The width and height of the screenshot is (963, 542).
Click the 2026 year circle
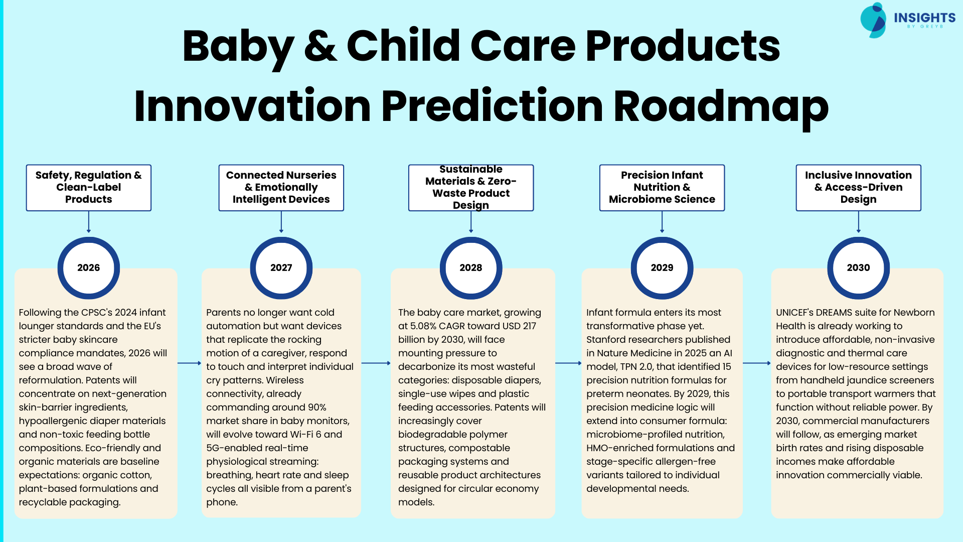tap(89, 268)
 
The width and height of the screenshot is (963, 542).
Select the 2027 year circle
tap(281, 268)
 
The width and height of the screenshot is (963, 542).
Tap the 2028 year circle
tap(470, 268)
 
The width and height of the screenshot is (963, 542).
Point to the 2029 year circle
tap(662, 268)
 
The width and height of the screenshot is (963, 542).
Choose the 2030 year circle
tap(858, 268)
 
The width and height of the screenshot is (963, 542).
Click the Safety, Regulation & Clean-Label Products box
tap(89, 188)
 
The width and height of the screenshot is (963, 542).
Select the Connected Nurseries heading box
tap(281, 188)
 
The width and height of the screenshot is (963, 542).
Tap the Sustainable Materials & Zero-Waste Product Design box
tap(470, 188)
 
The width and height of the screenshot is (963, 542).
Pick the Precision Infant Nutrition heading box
tap(662, 188)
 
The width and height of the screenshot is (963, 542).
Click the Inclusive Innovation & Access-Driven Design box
tap(858, 188)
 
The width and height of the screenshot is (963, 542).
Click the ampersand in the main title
tap(320, 46)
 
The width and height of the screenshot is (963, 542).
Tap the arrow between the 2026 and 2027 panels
tap(189, 363)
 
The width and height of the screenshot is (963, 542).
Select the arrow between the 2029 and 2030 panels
tap(756, 363)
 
